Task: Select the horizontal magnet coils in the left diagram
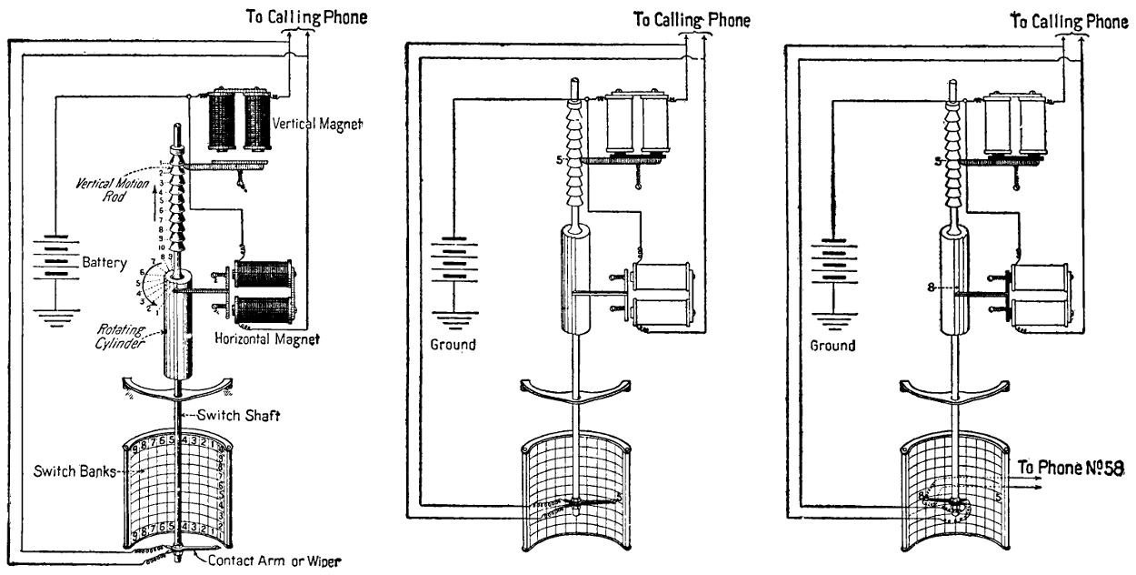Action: pos(264,293)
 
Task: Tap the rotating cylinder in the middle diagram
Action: pos(576,282)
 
